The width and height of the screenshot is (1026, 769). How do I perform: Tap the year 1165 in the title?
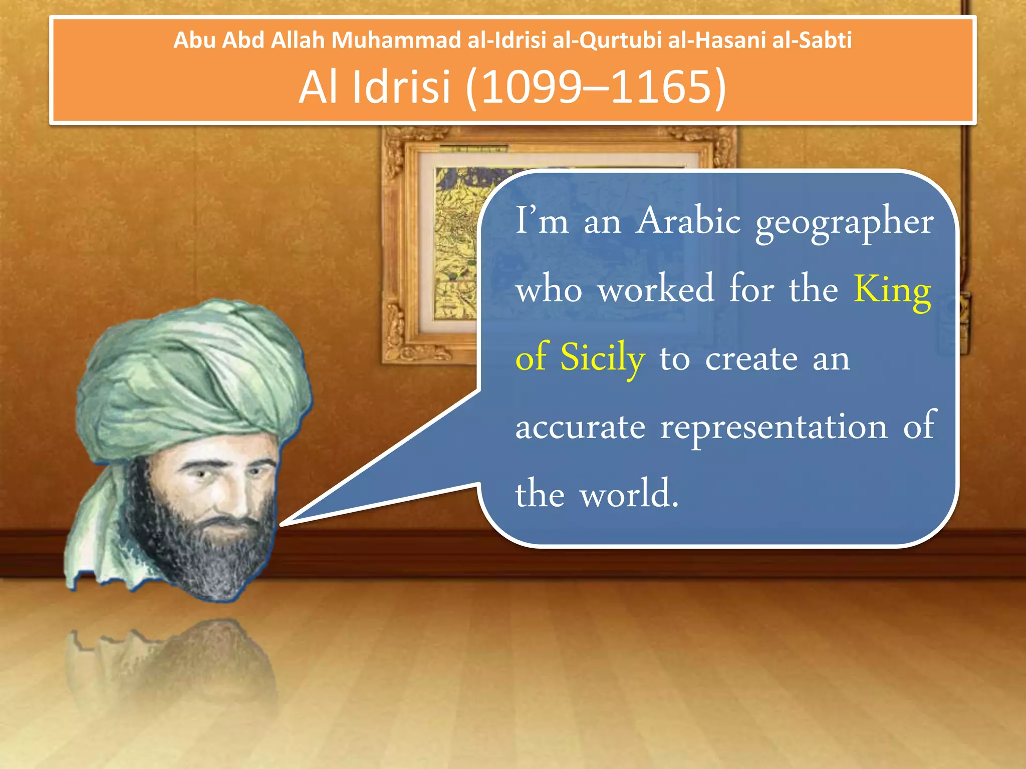[x=661, y=87]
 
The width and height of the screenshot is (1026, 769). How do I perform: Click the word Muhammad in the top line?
[x=396, y=40]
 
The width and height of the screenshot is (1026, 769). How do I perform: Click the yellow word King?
[x=892, y=290]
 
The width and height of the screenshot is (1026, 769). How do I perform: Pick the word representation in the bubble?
[x=774, y=428]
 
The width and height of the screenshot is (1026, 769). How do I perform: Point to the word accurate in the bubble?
[x=580, y=428]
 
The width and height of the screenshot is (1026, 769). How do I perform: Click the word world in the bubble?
[x=629, y=495]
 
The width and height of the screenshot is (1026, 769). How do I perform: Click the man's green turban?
[x=190, y=370]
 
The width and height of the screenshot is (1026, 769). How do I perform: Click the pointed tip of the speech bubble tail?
[x=282, y=525]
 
